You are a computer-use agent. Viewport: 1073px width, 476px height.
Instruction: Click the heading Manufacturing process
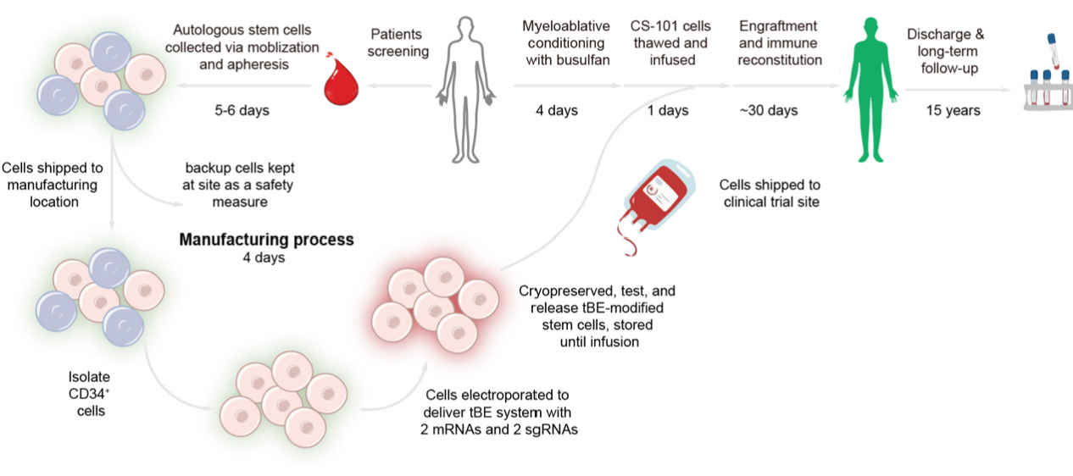(x=266, y=240)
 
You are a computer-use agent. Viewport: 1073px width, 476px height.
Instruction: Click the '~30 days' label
(x=768, y=110)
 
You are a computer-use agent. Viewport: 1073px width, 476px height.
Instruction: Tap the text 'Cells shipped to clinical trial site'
(x=770, y=193)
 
